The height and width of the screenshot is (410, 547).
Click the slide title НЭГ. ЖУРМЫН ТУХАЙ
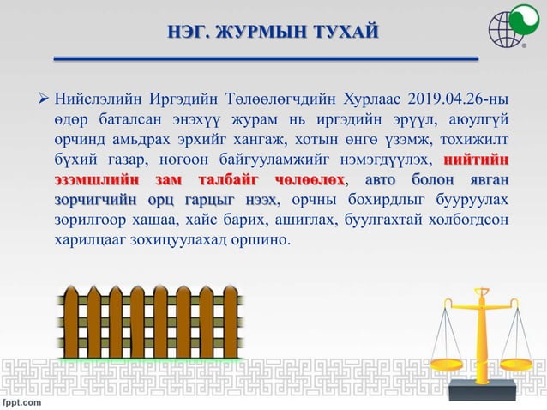point(273,33)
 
